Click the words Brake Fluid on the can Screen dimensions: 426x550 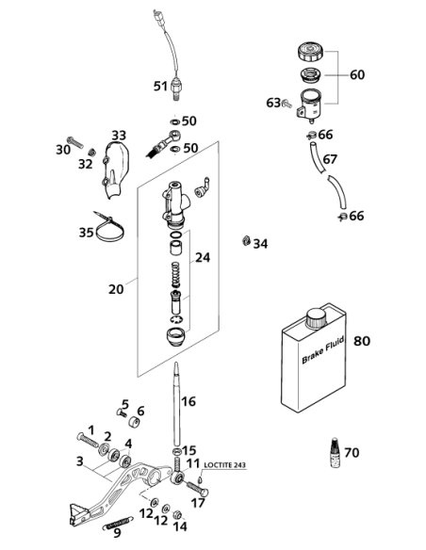point(322,349)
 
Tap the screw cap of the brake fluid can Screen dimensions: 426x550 point(316,318)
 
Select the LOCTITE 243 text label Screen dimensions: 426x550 point(225,464)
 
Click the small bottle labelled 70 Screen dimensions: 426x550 point(336,452)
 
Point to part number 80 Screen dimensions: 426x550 point(362,341)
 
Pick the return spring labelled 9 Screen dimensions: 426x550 point(118,522)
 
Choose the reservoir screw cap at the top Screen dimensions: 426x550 point(312,52)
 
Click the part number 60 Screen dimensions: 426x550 point(357,74)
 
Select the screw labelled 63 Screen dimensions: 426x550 point(287,104)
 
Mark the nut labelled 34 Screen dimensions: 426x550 point(246,241)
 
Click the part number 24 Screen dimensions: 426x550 point(203,257)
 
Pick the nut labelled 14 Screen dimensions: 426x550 point(177,515)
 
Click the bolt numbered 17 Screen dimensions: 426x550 point(197,488)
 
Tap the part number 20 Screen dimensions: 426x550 point(116,289)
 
